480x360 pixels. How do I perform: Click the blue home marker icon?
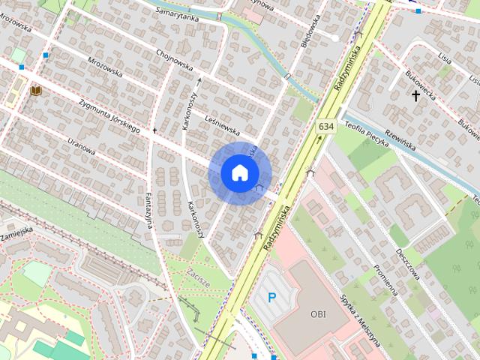tap(238, 172)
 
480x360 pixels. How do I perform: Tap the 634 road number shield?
tap(325, 126)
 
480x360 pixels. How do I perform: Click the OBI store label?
tap(318, 314)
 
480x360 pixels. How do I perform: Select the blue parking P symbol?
tap(272, 298)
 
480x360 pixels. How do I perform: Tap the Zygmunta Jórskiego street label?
tap(109, 118)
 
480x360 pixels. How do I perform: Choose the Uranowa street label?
tap(81, 144)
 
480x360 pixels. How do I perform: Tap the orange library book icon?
tap(35, 91)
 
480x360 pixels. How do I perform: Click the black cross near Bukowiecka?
tap(415, 95)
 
